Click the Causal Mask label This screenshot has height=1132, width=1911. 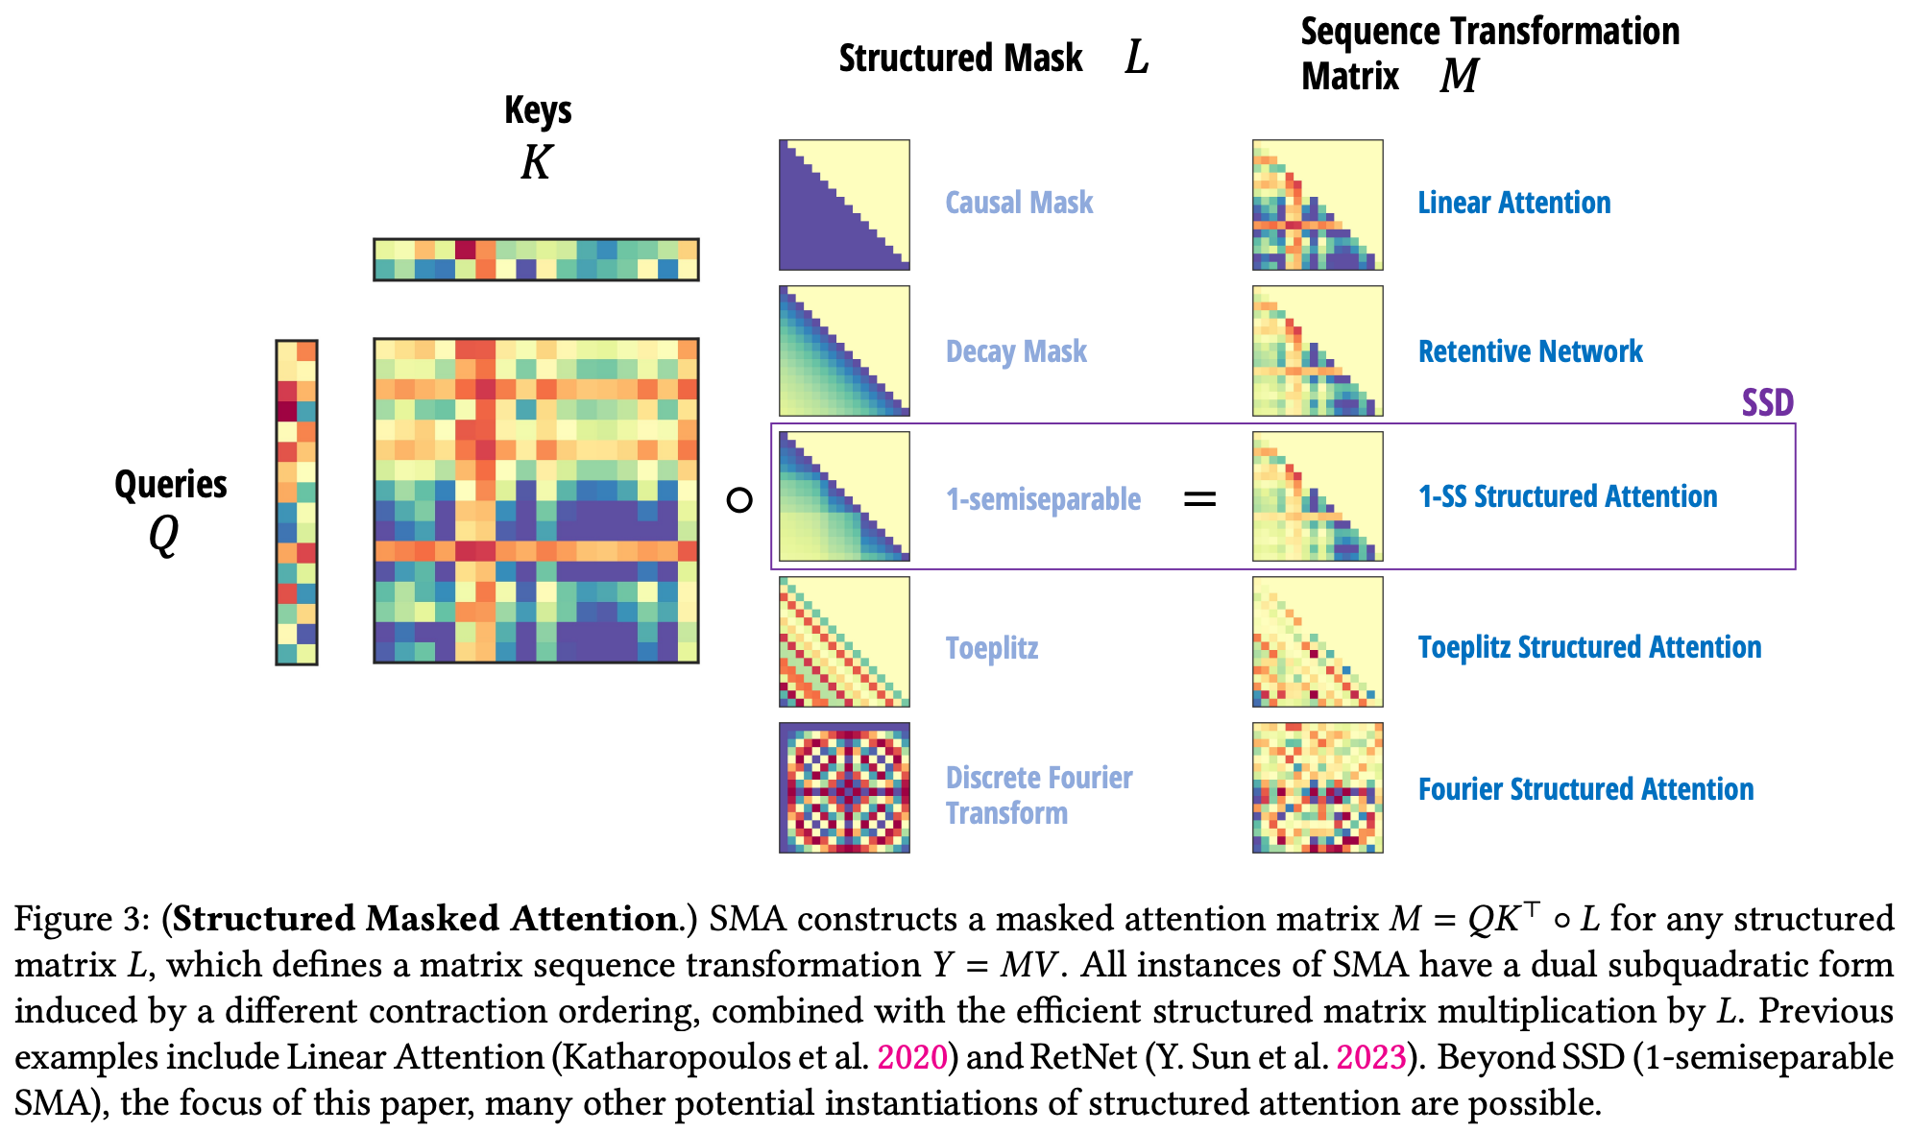[1019, 203]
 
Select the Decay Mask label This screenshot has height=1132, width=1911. [1016, 351]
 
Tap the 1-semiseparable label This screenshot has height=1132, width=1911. [1043, 499]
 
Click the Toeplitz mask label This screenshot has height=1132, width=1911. [991, 648]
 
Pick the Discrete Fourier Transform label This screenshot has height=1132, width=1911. [1038, 795]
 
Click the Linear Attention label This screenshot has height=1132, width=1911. [1513, 203]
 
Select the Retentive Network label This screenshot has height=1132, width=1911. [1530, 351]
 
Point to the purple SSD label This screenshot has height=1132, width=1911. [1767, 402]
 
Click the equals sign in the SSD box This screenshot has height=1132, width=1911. [1199, 499]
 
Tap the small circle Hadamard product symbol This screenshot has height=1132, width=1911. [738, 500]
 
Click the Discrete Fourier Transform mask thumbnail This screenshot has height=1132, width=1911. [844, 787]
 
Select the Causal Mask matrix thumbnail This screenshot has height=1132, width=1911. [844, 205]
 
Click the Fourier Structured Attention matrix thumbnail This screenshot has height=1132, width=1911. [1318, 787]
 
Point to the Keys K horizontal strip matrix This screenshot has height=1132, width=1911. [536, 259]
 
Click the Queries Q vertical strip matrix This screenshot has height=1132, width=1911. [297, 501]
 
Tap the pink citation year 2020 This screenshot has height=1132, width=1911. [912, 1057]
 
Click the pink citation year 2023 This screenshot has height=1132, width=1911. [1371, 1057]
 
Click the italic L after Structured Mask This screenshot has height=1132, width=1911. [1137, 58]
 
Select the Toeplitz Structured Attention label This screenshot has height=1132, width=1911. [1589, 647]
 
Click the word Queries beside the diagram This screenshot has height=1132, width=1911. [171, 484]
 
